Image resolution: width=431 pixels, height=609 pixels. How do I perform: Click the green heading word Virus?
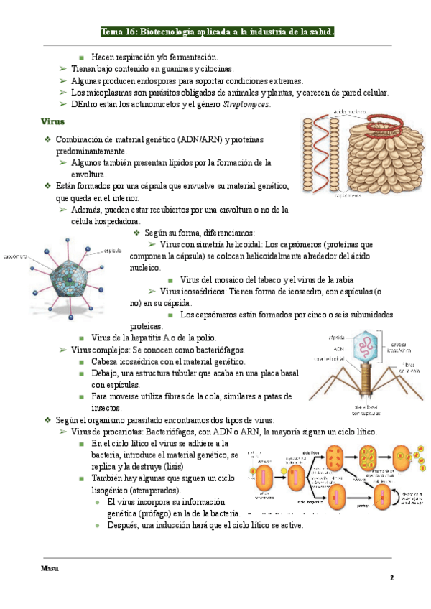coord(54,122)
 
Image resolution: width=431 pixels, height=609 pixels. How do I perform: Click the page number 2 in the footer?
coord(392,577)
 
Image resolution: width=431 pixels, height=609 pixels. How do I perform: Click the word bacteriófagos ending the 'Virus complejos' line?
coord(218,350)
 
